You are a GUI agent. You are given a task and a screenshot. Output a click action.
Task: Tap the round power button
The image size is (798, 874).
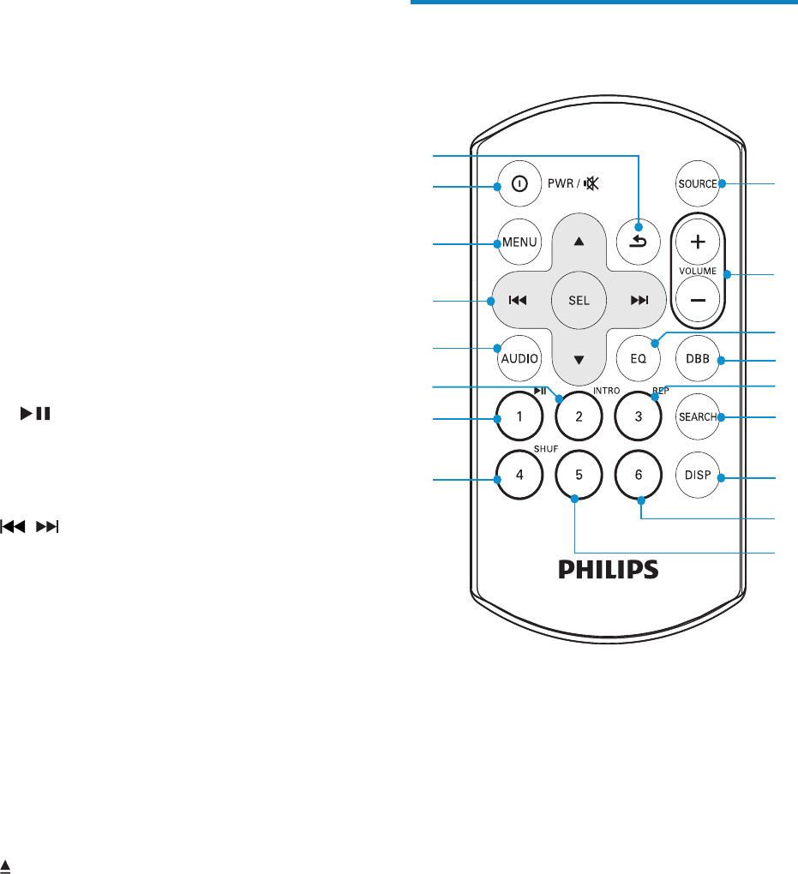coord(519,185)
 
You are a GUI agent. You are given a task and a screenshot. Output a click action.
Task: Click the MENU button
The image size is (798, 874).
coord(519,242)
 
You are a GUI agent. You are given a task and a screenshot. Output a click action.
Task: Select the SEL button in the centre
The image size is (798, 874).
coord(579,300)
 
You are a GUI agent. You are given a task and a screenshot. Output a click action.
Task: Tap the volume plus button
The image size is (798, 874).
coord(698,242)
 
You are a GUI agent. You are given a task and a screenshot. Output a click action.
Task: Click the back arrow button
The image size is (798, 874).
coord(639,242)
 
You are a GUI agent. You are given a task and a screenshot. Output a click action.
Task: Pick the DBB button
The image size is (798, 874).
coord(698,359)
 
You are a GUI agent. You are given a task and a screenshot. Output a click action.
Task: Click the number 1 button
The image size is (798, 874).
coord(519,417)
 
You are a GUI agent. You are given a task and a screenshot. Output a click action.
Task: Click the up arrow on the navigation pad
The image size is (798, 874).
coord(579,242)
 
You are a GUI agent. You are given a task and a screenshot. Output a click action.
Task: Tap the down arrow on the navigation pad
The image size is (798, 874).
coord(579,359)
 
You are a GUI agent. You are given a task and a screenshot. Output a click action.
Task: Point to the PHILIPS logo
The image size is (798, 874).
coord(609,570)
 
